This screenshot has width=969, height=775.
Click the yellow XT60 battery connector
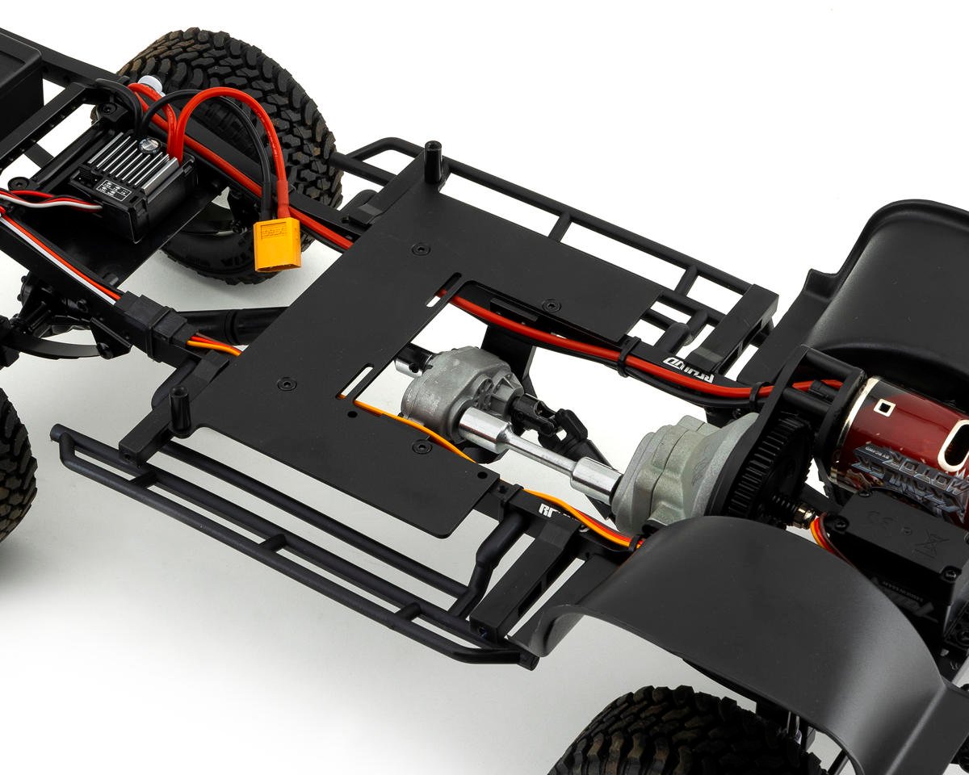(x=277, y=244)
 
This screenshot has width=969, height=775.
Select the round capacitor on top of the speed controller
(x=148, y=145)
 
